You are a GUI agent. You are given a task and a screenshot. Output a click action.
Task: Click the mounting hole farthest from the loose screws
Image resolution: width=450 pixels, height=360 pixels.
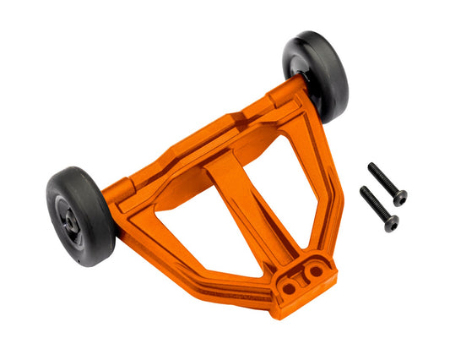(x=290, y=288)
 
